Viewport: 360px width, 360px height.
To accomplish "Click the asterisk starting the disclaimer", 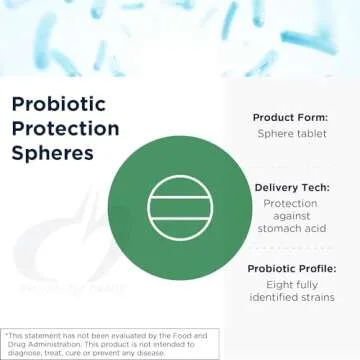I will (5, 335).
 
